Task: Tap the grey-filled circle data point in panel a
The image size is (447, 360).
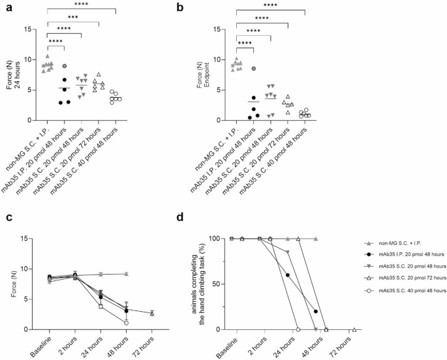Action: [64, 67]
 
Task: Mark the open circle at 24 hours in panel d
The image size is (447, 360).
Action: [298, 329]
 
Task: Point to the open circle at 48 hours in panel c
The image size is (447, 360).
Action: [126, 323]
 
